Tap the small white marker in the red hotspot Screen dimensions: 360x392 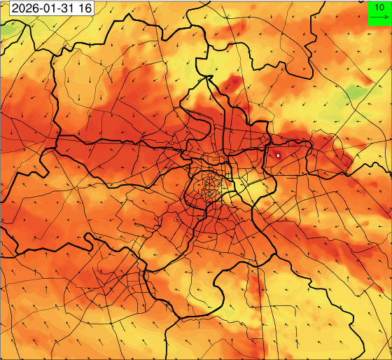tap(278, 155)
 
